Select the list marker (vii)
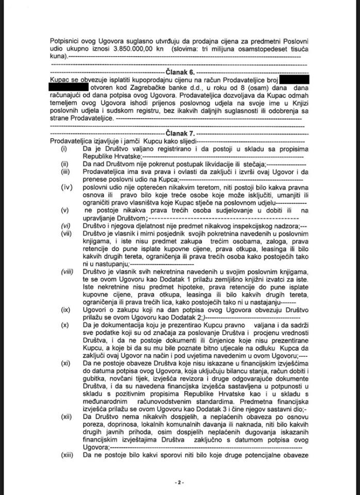(64, 234)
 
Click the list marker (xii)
(64, 415)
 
